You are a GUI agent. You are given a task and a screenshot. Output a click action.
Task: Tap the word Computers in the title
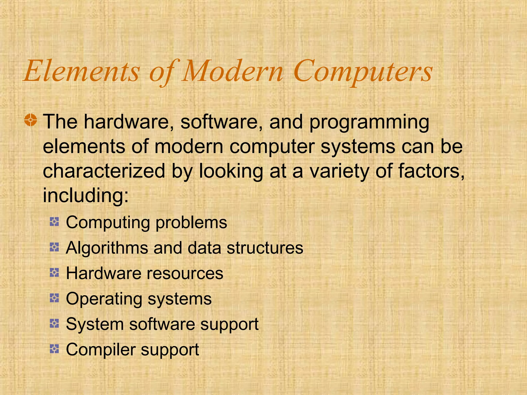(x=363, y=71)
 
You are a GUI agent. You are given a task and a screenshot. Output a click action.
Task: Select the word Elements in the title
(x=82, y=71)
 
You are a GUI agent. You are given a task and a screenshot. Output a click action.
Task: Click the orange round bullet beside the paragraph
(x=31, y=120)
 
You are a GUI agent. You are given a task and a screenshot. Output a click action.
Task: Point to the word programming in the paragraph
(x=369, y=122)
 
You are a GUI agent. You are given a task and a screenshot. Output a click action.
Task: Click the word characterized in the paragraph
(x=104, y=171)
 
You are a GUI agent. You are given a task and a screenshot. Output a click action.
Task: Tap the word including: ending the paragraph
(x=85, y=195)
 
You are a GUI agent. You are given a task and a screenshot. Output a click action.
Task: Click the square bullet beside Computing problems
(x=54, y=222)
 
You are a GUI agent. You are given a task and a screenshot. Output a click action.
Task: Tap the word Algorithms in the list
(x=107, y=248)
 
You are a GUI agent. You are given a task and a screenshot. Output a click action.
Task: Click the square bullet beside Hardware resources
(x=54, y=272)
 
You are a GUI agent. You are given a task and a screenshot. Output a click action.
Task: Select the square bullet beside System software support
(x=54, y=323)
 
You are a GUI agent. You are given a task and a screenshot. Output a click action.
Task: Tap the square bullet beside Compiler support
(x=54, y=349)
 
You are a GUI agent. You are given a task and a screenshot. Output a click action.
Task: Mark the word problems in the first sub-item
(x=191, y=223)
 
